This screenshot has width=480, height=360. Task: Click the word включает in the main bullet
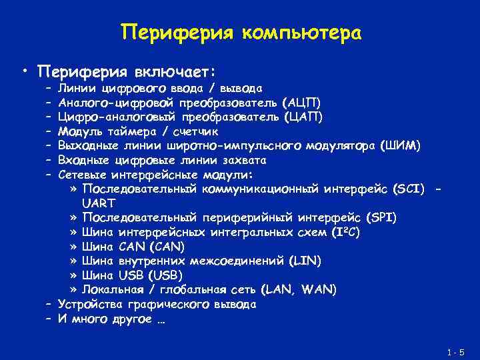174,71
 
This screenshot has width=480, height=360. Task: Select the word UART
99,203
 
